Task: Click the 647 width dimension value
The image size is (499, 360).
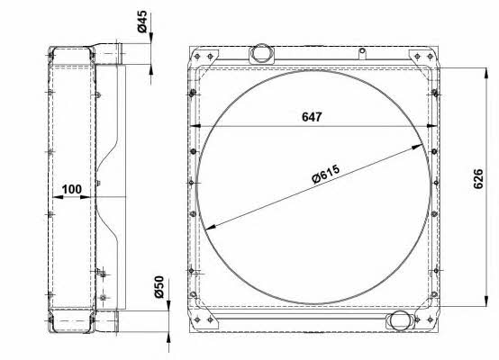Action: click(312, 117)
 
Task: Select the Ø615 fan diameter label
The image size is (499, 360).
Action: click(326, 174)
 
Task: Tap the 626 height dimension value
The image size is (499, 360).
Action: click(478, 179)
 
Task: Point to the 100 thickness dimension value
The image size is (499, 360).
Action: click(71, 189)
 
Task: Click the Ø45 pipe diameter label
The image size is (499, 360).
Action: click(142, 22)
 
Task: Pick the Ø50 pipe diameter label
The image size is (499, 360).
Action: click(159, 287)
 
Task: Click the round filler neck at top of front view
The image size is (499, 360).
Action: click(261, 53)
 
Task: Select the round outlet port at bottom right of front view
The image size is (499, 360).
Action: click(400, 320)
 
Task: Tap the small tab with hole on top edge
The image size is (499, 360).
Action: click(362, 53)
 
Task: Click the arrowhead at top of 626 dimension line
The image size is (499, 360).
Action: click(486, 73)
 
